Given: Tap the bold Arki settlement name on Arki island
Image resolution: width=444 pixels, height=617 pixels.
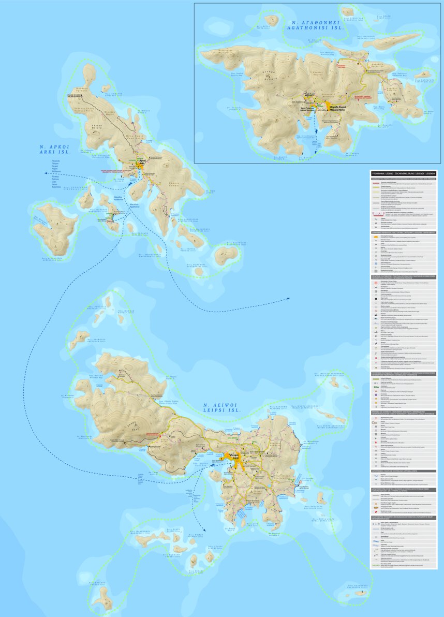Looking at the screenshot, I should [x=142, y=162].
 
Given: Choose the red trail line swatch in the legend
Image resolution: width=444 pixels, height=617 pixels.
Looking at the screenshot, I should [x=377, y=183].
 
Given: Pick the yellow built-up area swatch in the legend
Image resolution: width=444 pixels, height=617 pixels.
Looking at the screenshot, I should [x=377, y=236].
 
